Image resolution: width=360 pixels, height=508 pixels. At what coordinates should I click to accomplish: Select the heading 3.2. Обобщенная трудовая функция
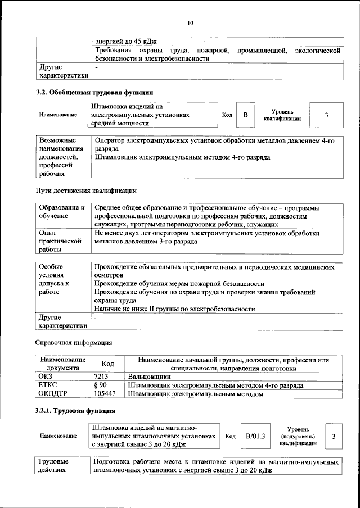pos(94,92)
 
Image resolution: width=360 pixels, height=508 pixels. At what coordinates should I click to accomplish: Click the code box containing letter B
pos(245,115)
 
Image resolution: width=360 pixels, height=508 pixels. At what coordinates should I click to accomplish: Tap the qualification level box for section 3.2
pos(326,115)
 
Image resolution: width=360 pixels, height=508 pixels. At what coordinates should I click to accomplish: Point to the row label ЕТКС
pos(48,385)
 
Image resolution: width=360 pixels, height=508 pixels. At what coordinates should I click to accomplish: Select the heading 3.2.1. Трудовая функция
pos(76,411)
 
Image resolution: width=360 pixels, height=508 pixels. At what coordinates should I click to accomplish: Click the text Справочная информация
pos(74,342)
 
